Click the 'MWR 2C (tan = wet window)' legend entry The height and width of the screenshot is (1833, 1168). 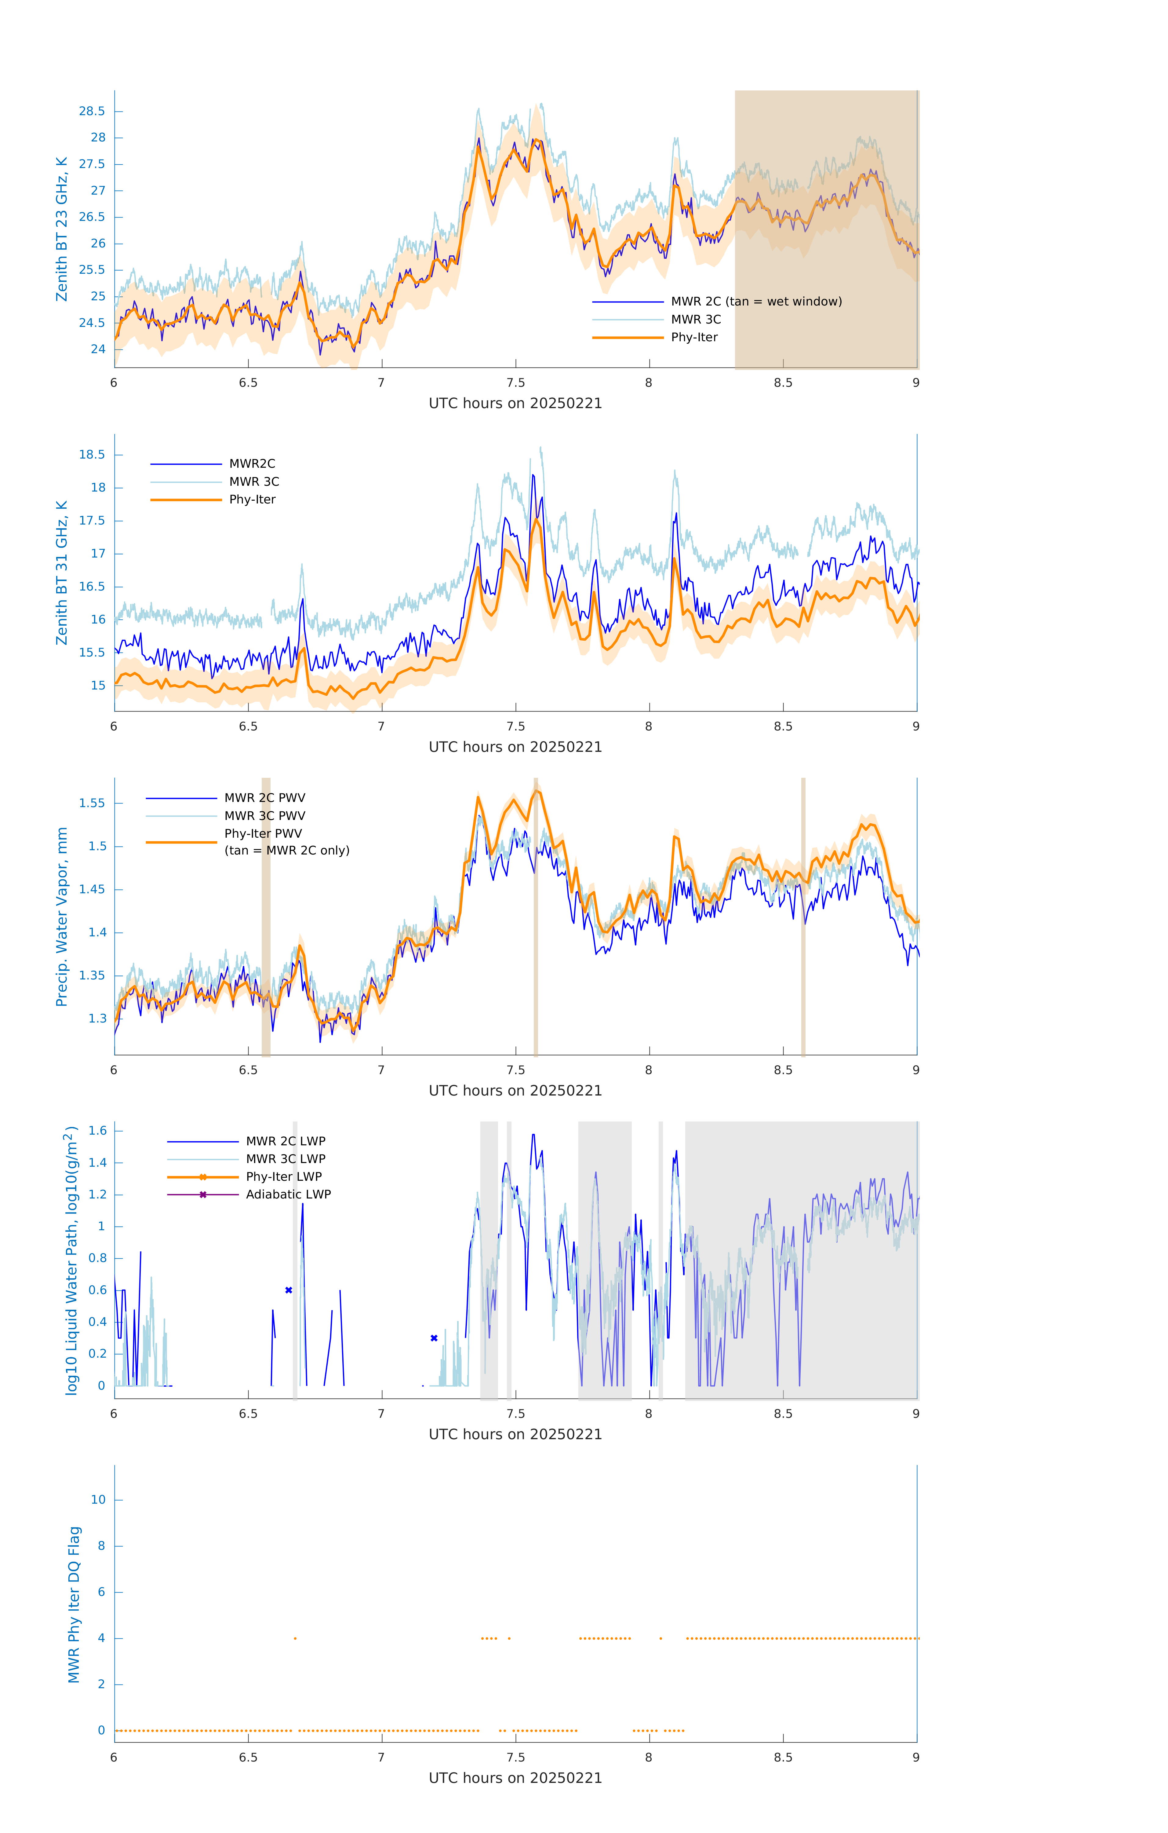(x=755, y=302)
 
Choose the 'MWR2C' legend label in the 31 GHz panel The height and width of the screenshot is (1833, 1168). (x=252, y=463)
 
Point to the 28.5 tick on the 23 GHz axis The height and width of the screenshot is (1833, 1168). (x=92, y=111)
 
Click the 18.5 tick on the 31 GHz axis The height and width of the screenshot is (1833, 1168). (x=92, y=455)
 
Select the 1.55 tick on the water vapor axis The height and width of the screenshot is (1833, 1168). (x=92, y=803)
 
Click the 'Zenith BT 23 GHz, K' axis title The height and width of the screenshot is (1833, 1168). (x=62, y=229)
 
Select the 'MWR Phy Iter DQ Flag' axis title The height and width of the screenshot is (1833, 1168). (x=74, y=1604)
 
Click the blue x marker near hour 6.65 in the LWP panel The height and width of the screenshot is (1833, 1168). (x=288, y=1290)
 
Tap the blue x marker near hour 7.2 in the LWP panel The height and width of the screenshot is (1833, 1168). (x=434, y=1338)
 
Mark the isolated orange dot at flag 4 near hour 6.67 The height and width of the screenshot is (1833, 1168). (x=295, y=1638)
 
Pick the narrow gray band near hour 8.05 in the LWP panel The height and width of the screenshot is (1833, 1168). (x=660, y=1260)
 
